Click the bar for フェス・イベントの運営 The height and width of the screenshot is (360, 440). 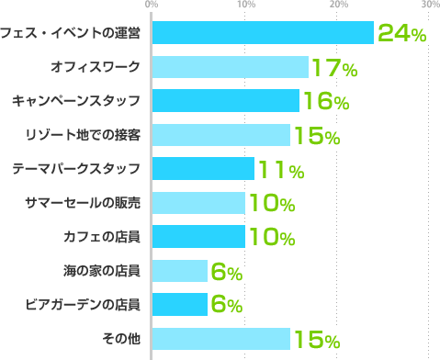coord(263,33)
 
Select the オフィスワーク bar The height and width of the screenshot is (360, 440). coord(230,67)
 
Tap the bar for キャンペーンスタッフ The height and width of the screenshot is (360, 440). coord(225,101)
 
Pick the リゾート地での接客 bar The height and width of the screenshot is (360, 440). coord(220,135)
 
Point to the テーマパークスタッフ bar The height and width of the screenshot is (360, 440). coord(202,169)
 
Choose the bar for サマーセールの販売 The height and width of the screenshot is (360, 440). coord(197,203)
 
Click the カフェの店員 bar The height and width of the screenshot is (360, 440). coord(197,237)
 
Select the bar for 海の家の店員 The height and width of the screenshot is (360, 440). coord(179,271)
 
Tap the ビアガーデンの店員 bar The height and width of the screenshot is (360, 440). coord(179,305)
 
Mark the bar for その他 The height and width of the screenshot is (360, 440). coord(220,339)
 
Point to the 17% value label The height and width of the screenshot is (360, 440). coord(333,68)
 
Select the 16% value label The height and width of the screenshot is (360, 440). coord(324,102)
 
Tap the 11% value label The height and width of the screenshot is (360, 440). coord(281,170)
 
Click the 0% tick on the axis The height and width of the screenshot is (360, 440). coord(152,6)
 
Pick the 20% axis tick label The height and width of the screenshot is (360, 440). coord(338,6)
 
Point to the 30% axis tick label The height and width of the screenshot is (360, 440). coord(429,6)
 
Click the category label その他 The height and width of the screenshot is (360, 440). coord(122,339)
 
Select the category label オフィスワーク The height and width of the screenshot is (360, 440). coord(96,67)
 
